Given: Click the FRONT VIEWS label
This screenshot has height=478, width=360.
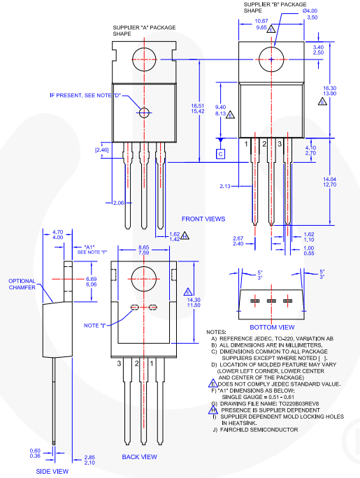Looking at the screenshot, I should (x=203, y=219).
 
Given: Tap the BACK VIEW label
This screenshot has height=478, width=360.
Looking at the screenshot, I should (x=139, y=457).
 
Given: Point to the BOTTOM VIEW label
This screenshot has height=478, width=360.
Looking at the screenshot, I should (x=272, y=326).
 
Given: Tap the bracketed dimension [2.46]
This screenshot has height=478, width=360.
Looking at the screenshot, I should (x=102, y=150).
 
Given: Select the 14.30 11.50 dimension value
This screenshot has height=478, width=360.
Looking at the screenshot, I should (x=203, y=302).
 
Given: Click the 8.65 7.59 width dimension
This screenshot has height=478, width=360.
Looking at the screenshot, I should (x=143, y=248).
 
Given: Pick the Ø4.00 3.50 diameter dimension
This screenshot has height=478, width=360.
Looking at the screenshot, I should (x=310, y=13).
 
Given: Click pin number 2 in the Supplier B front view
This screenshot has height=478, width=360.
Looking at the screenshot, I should (x=264, y=143).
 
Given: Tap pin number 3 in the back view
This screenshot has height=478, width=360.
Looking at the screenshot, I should (x=120, y=363).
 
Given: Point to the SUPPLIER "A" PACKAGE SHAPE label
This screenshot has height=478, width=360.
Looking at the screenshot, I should (x=144, y=31).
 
